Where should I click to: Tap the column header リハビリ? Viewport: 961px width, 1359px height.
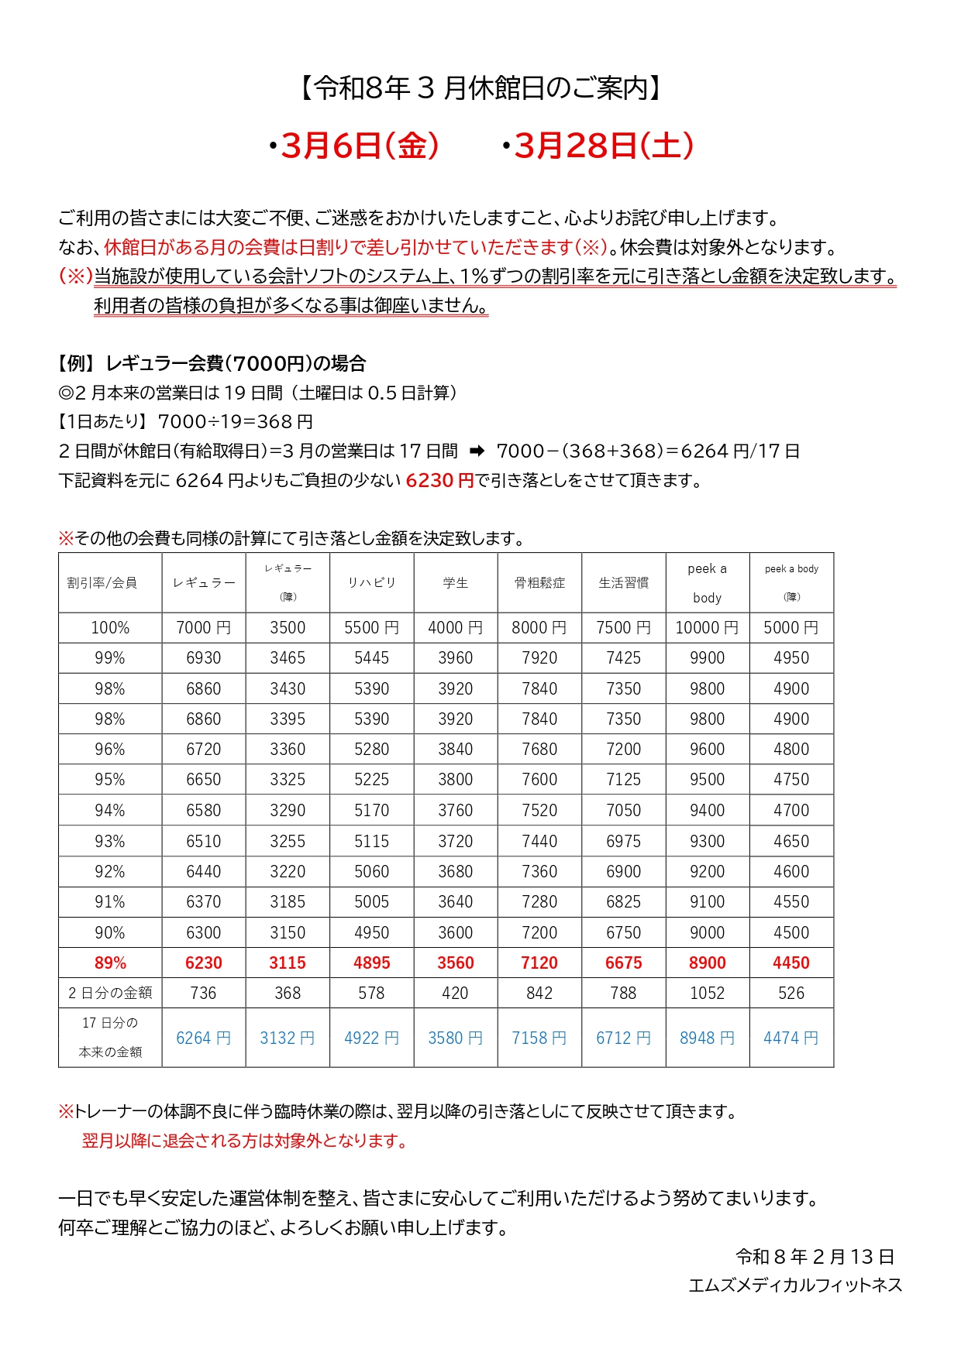(x=371, y=583)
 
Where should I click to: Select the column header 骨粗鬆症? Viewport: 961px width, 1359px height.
(x=539, y=583)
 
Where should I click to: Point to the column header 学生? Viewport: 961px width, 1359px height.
(x=455, y=583)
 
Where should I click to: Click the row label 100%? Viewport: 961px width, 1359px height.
(x=110, y=628)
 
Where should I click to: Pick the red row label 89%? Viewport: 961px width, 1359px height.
(x=110, y=963)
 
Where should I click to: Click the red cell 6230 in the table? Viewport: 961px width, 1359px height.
(x=203, y=963)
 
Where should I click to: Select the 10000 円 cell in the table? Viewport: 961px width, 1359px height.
(x=707, y=628)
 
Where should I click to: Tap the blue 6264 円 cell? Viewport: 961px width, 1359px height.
(x=203, y=1038)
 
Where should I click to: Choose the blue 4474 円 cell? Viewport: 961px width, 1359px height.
(x=790, y=1038)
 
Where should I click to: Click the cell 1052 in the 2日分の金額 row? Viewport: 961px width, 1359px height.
(x=707, y=994)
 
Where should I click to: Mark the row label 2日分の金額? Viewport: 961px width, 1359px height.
(x=110, y=994)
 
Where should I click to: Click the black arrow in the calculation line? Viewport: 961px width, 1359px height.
(x=477, y=451)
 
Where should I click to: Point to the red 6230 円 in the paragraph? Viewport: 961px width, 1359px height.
(x=439, y=481)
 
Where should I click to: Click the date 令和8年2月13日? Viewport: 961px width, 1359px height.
(x=815, y=1257)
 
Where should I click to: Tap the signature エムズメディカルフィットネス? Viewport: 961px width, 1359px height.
(x=795, y=1285)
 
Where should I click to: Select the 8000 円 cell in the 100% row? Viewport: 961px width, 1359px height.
(x=539, y=628)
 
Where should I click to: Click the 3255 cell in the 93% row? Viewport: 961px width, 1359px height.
(x=288, y=842)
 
